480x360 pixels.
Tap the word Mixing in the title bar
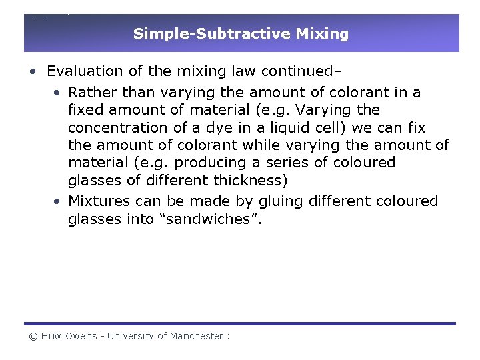coord(327,33)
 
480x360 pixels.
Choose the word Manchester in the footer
coord(197,337)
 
